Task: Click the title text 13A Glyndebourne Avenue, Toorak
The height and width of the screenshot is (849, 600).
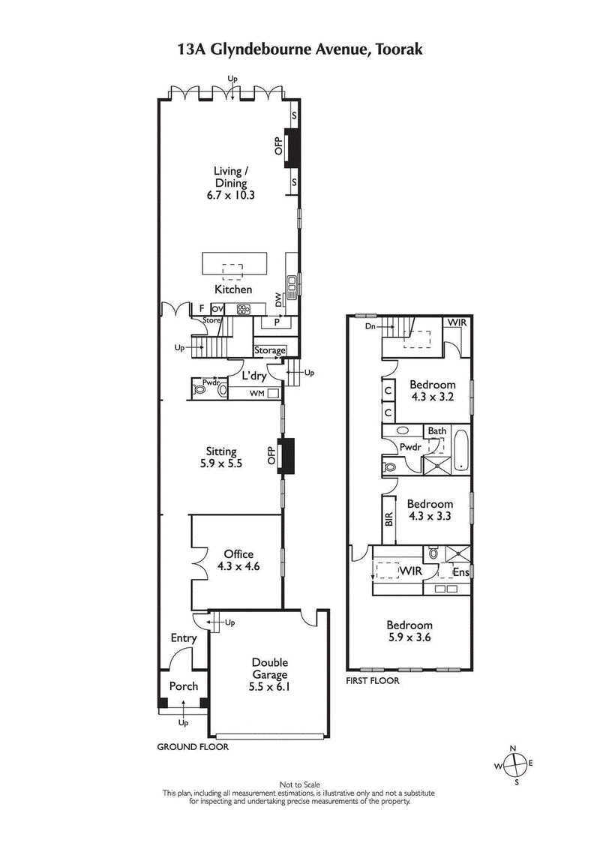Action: [300, 49]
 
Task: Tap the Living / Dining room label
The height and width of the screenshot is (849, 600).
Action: [231, 183]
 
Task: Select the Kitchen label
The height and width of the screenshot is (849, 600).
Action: [233, 289]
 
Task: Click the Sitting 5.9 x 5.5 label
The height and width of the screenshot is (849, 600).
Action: [221, 457]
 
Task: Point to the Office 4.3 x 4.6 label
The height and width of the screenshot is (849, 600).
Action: [238, 560]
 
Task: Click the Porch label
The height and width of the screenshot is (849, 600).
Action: [183, 686]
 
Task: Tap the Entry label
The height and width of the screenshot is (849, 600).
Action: [183, 638]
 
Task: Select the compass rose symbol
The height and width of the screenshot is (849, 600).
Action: [514, 765]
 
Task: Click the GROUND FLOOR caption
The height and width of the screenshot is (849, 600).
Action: [192, 747]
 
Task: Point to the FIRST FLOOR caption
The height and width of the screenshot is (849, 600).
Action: [373, 681]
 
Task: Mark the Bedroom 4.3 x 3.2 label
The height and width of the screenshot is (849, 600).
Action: [431, 391]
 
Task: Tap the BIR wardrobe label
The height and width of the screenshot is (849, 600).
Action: [388, 519]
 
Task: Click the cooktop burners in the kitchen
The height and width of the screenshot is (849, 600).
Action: [245, 308]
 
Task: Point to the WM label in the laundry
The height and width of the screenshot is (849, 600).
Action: [256, 393]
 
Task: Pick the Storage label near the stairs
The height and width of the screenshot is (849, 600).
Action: [270, 350]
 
